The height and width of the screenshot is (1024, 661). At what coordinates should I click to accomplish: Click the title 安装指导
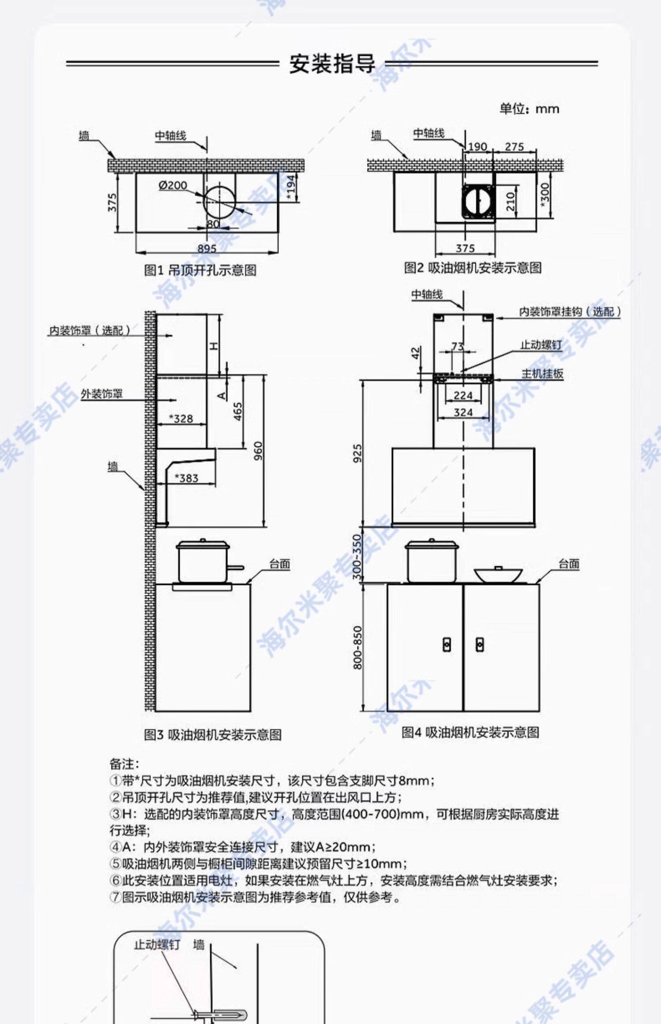click(332, 64)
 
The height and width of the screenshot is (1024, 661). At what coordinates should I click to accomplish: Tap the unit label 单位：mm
click(529, 108)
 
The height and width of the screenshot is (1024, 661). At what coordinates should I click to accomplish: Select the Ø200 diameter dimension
click(173, 186)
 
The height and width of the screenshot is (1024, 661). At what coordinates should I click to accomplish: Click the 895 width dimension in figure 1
click(206, 249)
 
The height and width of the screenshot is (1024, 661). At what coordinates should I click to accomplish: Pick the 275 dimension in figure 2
click(514, 146)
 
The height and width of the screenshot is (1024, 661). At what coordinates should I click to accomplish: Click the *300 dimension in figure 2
click(545, 195)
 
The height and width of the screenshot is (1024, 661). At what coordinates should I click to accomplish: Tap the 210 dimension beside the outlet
click(511, 201)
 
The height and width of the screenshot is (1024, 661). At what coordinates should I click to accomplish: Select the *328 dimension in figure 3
click(182, 419)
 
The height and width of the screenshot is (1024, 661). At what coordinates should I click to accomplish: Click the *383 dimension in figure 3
click(186, 478)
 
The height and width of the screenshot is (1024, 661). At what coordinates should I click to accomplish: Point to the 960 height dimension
click(258, 451)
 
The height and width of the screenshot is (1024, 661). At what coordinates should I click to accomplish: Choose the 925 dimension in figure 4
click(357, 453)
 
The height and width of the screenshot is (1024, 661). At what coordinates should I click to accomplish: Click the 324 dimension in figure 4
click(463, 412)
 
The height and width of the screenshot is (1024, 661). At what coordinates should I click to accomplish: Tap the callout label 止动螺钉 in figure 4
click(541, 344)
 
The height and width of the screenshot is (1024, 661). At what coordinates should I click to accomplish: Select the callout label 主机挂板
click(542, 374)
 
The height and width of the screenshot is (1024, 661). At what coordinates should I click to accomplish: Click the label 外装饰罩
click(101, 394)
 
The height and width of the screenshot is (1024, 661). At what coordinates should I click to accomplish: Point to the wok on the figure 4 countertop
click(498, 574)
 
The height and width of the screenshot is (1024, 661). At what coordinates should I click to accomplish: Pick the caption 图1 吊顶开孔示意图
click(200, 270)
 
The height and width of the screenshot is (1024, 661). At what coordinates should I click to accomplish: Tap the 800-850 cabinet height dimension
click(357, 647)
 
